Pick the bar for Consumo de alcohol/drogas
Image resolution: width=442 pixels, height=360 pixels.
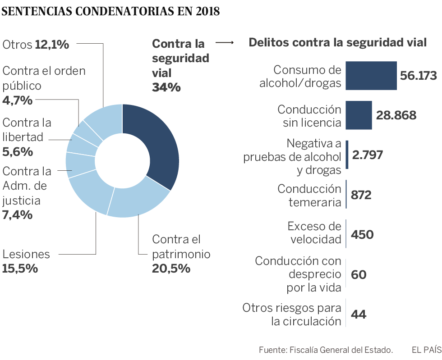[x=371, y=76]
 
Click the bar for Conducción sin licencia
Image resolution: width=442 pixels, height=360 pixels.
[x=359, y=115]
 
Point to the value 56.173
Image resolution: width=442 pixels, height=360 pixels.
[x=419, y=75]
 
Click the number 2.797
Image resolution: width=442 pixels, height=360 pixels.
[x=368, y=155]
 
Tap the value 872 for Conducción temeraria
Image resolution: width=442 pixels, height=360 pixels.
[x=361, y=195]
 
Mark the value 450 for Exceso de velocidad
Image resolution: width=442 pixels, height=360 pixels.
[x=362, y=235]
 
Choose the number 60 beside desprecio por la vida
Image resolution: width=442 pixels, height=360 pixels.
[x=359, y=274]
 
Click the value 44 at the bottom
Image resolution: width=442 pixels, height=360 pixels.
[x=358, y=314]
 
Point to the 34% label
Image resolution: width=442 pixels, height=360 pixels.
[x=166, y=87]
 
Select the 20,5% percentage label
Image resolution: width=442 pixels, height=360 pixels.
[x=171, y=269]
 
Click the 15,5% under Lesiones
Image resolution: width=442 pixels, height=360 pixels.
[x=20, y=269]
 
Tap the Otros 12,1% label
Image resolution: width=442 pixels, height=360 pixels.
[x=36, y=45]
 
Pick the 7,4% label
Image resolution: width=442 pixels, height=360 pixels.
[x=17, y=215]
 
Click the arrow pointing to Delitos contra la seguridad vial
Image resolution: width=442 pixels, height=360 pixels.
[x=224, y=43]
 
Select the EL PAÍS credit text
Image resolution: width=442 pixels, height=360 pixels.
[x=426, y=350]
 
